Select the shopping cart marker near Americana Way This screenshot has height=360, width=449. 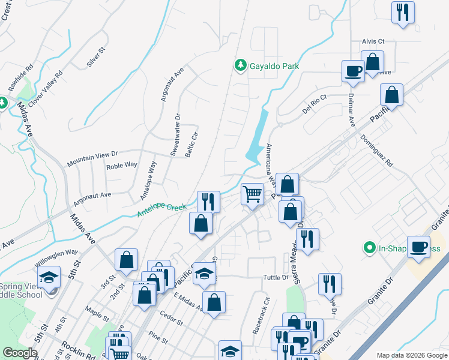click(x=253, y=194)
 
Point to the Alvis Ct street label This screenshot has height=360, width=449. click(x=373, y=41)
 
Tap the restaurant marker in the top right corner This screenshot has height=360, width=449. click(x=403, y=13)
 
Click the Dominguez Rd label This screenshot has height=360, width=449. click(x=377, y=149)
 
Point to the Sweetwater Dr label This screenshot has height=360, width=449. click(x=175, y=135)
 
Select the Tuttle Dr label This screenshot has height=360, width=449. click(x=276, y=278)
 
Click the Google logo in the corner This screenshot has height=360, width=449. click(x=20, y=353)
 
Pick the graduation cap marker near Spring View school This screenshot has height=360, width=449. click(x=49, y=277)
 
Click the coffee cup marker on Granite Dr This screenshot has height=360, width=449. click(x=418, y=247)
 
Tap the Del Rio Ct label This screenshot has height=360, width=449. click(x=315, y=105)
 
